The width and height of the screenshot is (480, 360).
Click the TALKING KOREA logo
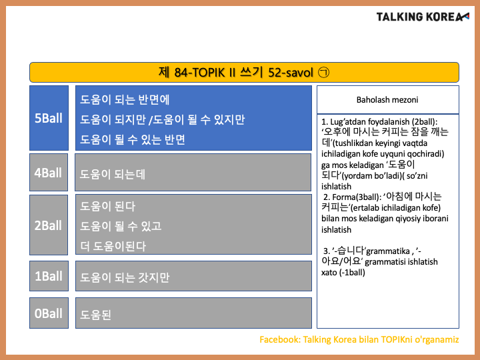(423, 17)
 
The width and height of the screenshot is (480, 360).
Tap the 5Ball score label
(49, 118)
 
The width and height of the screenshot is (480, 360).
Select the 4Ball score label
(48, 173)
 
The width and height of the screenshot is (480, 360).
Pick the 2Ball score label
(48, 225)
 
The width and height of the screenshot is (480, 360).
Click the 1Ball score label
(49, 276)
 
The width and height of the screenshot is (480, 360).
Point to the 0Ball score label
(49, 313)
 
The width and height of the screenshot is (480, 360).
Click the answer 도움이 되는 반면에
(125, 100)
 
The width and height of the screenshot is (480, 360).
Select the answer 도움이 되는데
(113, 174)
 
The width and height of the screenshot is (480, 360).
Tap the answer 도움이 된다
(107, 206)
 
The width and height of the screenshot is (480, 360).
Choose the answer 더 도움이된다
(113, 246)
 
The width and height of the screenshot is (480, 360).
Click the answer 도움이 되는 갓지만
(125, 277)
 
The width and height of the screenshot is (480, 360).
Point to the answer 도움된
(95, 315)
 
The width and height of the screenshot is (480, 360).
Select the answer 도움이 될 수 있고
(121, 226)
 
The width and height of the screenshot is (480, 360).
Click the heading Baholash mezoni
(387, 100)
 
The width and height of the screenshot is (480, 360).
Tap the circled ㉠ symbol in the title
(323, 73)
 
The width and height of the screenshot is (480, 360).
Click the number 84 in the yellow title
(181, 73)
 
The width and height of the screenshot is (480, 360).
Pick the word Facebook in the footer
(280, 339)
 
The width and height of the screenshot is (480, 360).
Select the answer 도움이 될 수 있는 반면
(133, 139)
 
